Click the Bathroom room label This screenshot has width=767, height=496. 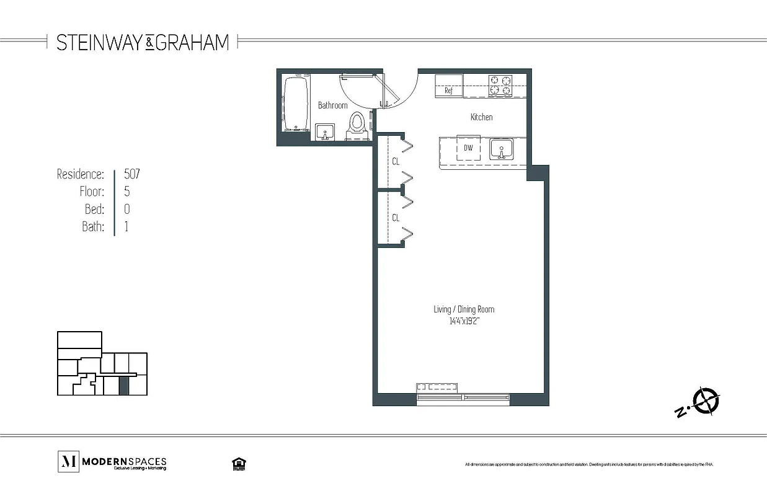(x=332, y=105)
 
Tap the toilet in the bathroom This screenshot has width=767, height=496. (x=357, y=124)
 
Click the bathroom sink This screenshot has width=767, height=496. (x=325, y=132)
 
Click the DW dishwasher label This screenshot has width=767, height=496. (x=468, y=148)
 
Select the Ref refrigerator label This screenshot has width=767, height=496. (x=448, y=91)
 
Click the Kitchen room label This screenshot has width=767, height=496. (x=481, y=117)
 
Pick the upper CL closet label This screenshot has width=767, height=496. (x=395, y=161)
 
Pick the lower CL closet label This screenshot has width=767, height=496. (x=395, y=218)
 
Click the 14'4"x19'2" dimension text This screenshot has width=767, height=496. (x=464, y=321)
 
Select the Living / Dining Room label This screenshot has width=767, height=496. (x=464, y=309)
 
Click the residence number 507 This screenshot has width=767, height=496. (x=132, y=174)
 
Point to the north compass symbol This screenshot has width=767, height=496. (x=706, y=401)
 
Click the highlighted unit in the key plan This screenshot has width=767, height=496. (x=124, y=385)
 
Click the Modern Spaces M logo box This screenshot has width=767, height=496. (x=68, y=462)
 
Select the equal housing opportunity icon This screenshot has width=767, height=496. (x=236, y=464)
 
